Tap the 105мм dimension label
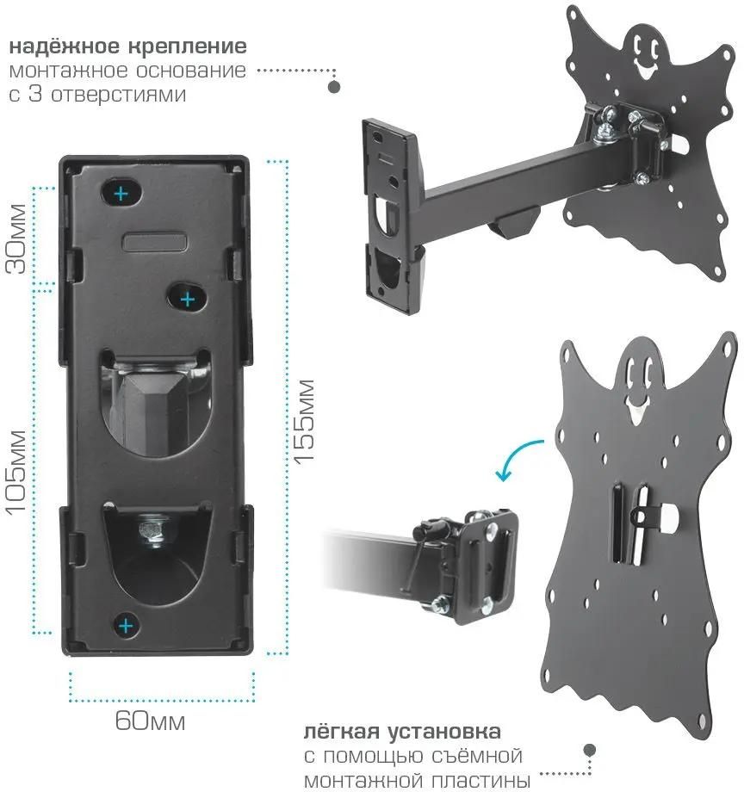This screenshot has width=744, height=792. click(16, 472)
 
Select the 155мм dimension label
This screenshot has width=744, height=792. click(305, 420)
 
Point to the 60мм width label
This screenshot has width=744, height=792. click(150, 721)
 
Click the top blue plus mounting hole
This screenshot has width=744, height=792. click(121, 194)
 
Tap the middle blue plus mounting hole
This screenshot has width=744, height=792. click(188, 300)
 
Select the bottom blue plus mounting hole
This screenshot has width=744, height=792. click(126, 627)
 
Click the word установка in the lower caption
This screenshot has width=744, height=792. click(444, 732)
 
